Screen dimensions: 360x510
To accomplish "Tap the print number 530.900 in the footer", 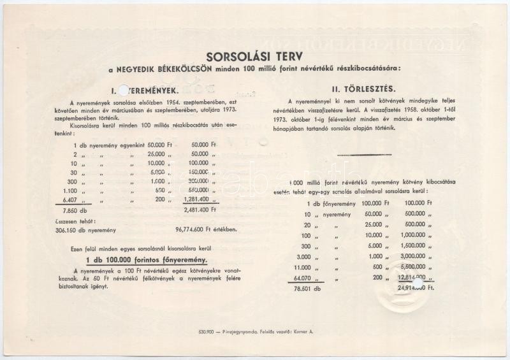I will (207, 331).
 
